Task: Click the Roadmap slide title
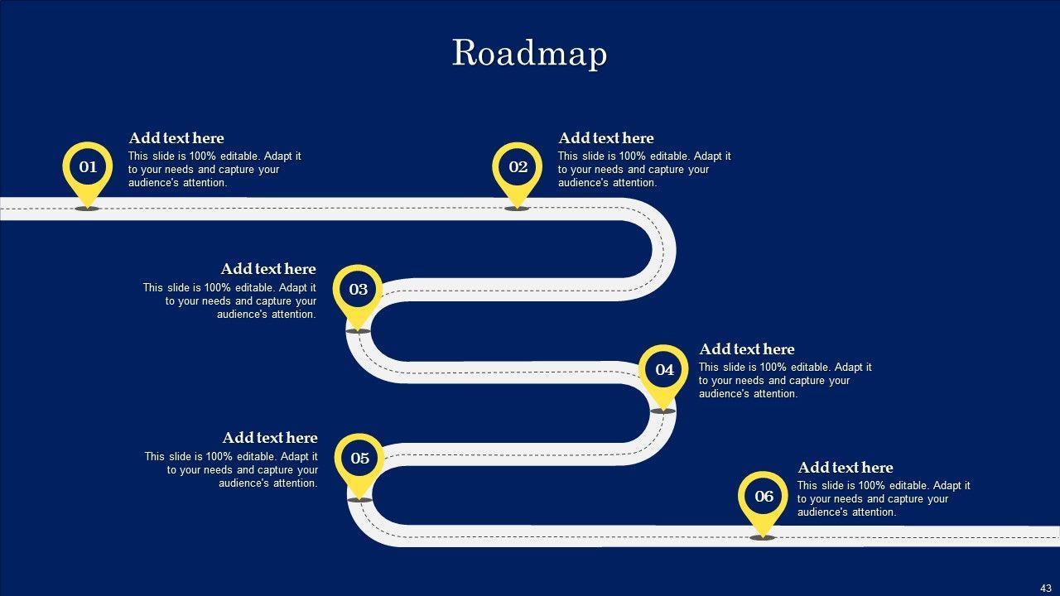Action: pyautogui.click(x=529, y=54)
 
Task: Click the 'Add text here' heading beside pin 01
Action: pyautogui.click(x=176, y=138)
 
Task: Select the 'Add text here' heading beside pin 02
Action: pyautogui.click(x=606, y=138)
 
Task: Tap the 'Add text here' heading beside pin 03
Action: pyautogui.click(x=268, y=269)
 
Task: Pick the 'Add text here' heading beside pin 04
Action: pyautogui.click(x=747, y=349)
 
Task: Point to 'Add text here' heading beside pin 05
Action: pyautogui.click(x=270, y=438)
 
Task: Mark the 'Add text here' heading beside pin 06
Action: pyautogui.click(x=846, y=468)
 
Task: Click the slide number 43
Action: pyautogui.click(x=1045, y=588)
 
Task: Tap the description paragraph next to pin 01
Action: pyautogui.click(x=214, y=170)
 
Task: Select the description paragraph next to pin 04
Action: pyautogui.click(x=785, y=381)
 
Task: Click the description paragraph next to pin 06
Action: pyautogui.click(x=884, y=499)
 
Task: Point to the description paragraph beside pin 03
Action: pyautogui.click(x=229, y=301)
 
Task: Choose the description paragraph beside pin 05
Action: pyautogui.click(x=231, y=470)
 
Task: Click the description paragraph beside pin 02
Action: pyautogui.click(x=644, y=170)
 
